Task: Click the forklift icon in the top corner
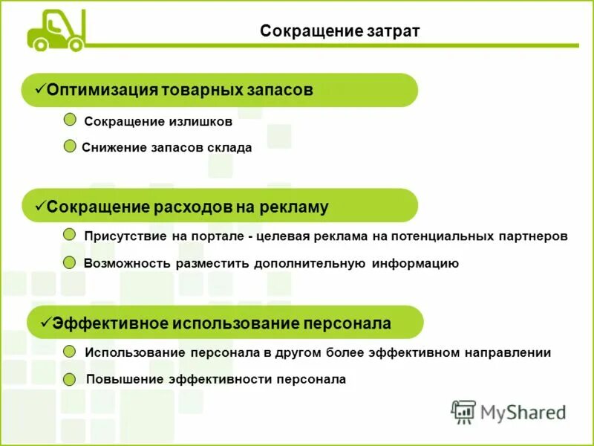[x=56, y=30]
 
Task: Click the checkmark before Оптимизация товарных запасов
[x=40, y=89]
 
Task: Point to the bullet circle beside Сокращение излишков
[x=70, y=120]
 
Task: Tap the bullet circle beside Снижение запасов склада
[x=70, y=146]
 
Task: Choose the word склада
[x=228, y=147]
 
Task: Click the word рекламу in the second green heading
[x=293, y=207]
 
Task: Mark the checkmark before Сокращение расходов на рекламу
[x=40, y=206]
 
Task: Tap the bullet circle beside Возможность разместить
[x=70, y=262]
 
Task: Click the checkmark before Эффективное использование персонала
[x=45, y=322]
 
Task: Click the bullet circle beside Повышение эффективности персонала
[x=70, y=379]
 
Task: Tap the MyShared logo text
[x=522, y=411]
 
